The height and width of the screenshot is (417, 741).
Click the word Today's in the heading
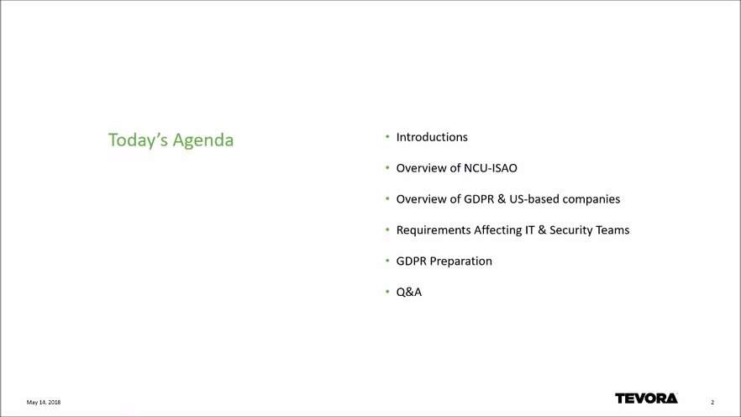point(138,140)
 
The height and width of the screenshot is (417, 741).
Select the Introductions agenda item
point(432,137)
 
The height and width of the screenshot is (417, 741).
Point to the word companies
point(591,199)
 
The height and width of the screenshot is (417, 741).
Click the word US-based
point(534,199)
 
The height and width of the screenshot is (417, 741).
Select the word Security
point(570,230)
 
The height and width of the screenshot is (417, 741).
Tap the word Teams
point(612,230)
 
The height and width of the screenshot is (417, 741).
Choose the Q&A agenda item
point(409,293)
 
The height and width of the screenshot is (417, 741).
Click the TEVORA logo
point(646,399)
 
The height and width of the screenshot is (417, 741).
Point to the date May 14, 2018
point(44,403)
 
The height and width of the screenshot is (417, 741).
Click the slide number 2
point(712,403)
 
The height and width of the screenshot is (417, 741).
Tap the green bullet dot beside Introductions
point(387,137)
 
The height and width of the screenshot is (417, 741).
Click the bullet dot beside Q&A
point(387,292)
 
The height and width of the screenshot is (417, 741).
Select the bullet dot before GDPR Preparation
point(387,261)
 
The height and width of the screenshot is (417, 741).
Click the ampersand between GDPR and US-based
point(502,199)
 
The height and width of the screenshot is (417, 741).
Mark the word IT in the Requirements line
point(530,230)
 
